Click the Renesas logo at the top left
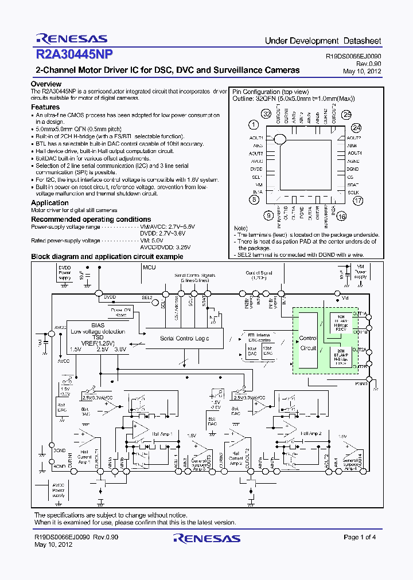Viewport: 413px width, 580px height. [x=71, y=39]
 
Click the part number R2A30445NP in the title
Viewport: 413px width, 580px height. [x=74, y=54]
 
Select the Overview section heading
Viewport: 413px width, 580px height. [x=46, y=84]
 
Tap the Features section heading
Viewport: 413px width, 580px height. [x=45, y=107]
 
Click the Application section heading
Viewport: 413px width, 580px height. [x=50, y=203]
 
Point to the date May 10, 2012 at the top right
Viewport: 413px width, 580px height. [x=362, y=71]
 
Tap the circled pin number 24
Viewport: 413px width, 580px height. [x=357, y=128]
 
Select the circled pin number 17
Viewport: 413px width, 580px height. [x=358, y=201]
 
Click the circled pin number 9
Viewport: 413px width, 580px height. [x=268, y=215]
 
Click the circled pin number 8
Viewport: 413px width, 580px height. [x=253, y=199]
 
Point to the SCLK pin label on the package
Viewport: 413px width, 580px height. [x=353, y=193]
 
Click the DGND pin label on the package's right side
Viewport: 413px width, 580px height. [x=353, y=170]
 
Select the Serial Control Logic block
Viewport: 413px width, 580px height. [x=184, y=339]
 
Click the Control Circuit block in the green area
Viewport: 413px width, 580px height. [x=308, y=343]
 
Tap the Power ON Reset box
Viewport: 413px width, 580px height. [x=121, y=312]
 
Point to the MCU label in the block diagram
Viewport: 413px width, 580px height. [x=149, y=268]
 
